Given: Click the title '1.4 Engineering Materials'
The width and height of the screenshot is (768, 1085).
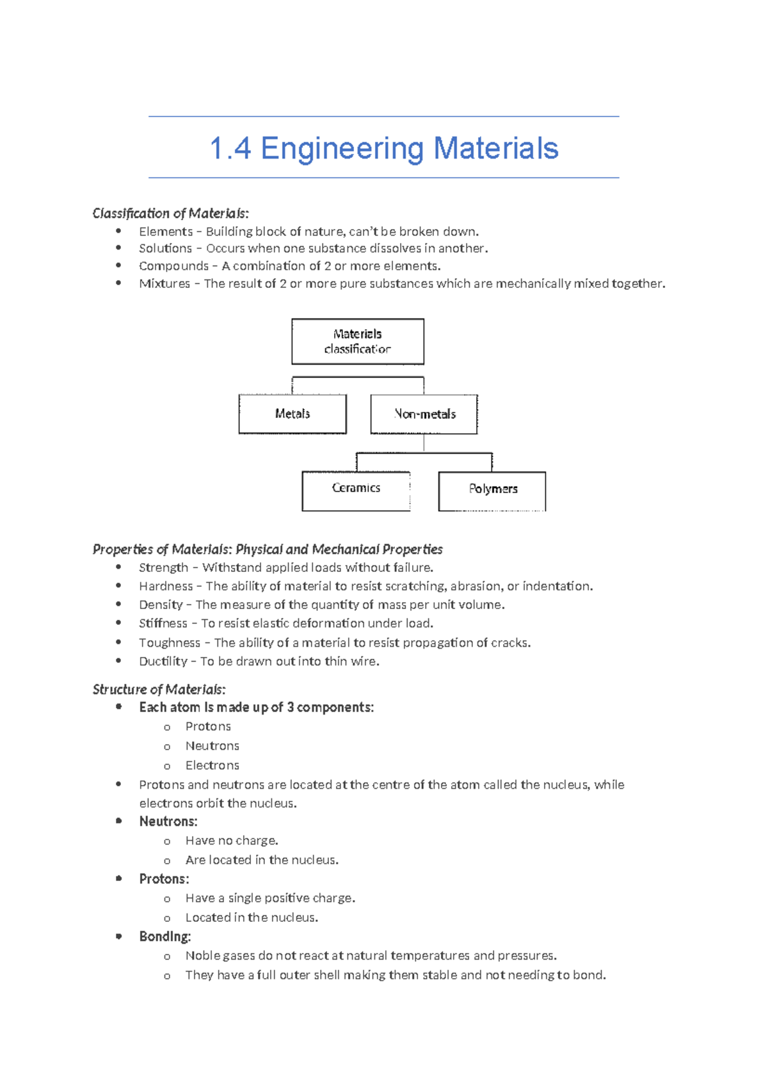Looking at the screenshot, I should pos(384,148).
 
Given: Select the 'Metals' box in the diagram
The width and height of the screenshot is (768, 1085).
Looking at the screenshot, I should pos(292,414).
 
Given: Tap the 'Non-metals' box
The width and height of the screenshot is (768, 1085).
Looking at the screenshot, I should pos(424,414).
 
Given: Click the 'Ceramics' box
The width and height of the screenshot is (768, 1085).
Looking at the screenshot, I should pos(356,489).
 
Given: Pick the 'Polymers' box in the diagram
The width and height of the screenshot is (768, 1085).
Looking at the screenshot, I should pos(492,489).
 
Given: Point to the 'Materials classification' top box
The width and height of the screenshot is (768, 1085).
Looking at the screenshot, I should pos(358,342).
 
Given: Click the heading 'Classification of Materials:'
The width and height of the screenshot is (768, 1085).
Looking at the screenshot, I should pos(170,213).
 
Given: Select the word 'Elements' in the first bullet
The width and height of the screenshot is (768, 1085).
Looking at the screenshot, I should pos(166,232).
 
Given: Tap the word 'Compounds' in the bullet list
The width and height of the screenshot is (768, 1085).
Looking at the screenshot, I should pos(173,266).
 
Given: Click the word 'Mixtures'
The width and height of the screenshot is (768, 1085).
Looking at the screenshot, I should pos(164,283).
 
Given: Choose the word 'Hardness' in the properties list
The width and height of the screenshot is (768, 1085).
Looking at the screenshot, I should pos(166,586).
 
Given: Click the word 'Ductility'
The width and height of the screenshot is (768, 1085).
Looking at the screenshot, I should pos(163,661).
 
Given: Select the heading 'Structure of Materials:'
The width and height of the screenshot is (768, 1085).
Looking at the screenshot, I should pos(159,689).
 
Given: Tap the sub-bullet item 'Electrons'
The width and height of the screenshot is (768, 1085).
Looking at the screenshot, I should pos(212,765).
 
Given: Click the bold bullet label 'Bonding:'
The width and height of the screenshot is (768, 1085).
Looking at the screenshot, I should pos(165,937).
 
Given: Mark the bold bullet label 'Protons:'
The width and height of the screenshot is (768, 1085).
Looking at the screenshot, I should pos(164,879).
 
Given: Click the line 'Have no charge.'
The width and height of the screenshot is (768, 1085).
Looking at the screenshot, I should pos(232,841).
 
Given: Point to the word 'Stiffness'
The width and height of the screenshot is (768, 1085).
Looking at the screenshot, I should pos(163,623).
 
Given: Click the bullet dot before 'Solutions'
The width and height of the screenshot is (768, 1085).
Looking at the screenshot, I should pos(118,248).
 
